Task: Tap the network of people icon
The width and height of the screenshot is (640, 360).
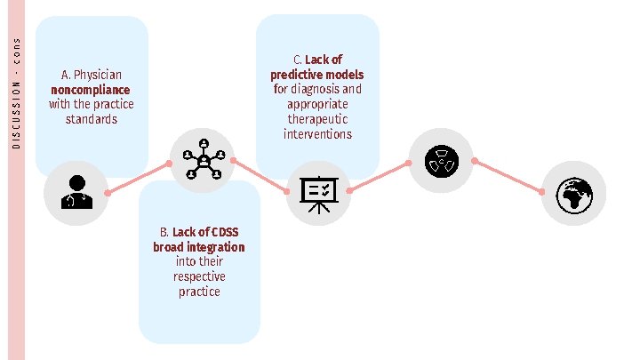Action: [202, 160]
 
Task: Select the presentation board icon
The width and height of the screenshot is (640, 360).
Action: [317, 191]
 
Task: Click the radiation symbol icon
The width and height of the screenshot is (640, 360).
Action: [440, 160]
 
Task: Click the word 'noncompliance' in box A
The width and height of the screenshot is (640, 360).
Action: [91, 90]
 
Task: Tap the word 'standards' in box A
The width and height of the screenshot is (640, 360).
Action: [91, 119]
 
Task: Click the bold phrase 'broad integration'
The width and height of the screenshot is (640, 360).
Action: [199, 247]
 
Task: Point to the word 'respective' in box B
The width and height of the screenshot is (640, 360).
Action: [199, 276]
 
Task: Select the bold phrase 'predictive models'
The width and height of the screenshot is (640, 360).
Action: [317, 75]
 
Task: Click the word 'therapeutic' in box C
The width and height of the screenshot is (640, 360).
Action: [317, 119]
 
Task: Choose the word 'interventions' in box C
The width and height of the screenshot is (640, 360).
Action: [317, 134]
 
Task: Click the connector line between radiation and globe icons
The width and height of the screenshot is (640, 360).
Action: [508, 176]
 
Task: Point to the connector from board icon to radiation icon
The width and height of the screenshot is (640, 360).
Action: [379, 177]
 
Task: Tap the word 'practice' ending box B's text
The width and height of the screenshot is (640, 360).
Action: [199, 292]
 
